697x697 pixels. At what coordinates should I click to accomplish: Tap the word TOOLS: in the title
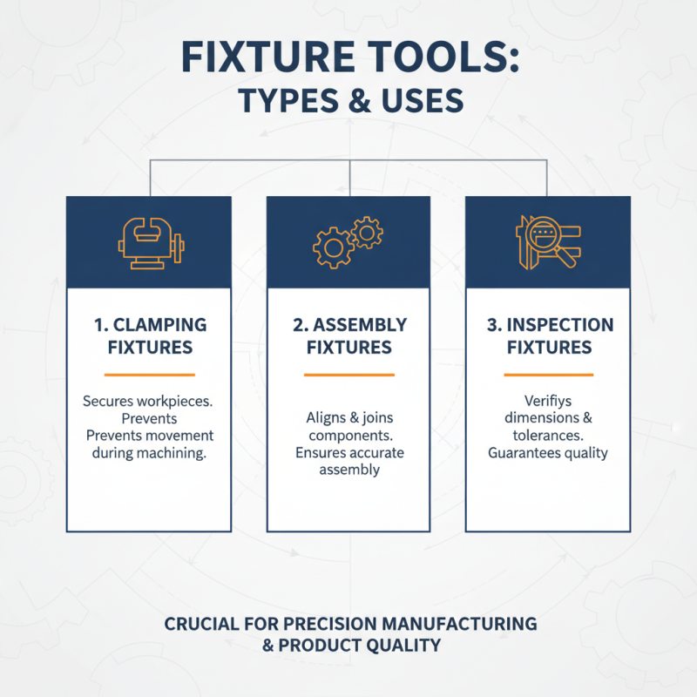[439, 58]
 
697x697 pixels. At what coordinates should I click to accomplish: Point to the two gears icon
[348, 241]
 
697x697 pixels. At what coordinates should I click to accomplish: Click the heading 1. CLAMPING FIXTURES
[149, 336]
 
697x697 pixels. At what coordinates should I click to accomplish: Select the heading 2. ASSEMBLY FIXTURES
[348, 336]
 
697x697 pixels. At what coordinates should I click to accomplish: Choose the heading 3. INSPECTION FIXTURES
[549, 336]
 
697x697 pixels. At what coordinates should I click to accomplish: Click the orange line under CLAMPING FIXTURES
[149, 375]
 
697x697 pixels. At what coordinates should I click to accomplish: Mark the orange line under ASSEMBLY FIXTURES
[348, 375]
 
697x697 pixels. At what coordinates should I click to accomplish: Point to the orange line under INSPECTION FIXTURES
[549, 375]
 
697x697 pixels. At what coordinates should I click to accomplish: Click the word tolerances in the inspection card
[549, 435]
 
